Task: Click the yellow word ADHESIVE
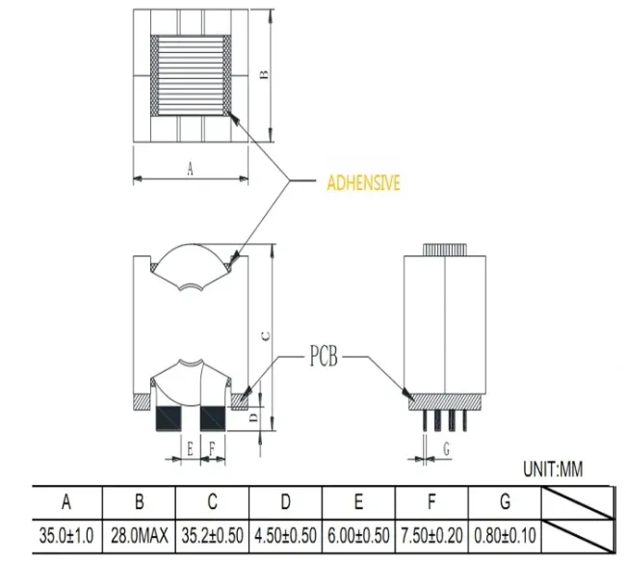pyautogui.click(x=363, y=182)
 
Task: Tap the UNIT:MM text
pyautogui.click(x=553, y=470)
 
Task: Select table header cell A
pyautogui.click(x=66, y=502)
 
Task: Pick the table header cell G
pyautogui.click(x=505, y=502)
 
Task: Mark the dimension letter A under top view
pyautogui.click(x=190, y=169)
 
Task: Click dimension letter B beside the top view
pyautogui.click(x=265, y=75)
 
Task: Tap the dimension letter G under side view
pyautogui.click(x=445, y=447)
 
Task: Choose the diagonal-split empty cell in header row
pyautogui.click(x=578, y=502)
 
